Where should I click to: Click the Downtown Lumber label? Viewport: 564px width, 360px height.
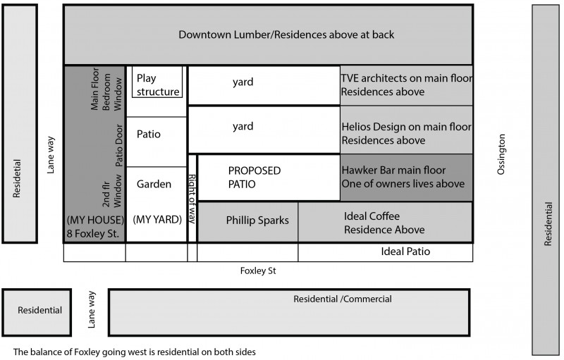tap(286, 35)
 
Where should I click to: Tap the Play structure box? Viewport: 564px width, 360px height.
tap(157, 85)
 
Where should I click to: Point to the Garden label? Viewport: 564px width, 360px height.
tap(154, 185)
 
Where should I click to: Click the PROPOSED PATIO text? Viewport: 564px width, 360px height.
tap(255, 178)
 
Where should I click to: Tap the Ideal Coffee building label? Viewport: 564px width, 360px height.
tap(384, 223)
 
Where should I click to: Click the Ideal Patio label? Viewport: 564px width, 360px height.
tap(405, 252)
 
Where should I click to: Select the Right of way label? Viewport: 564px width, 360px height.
tap(192, 198)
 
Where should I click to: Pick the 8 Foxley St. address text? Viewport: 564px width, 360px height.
tap(95, 232)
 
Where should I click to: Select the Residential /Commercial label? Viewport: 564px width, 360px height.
tap(342, 299)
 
